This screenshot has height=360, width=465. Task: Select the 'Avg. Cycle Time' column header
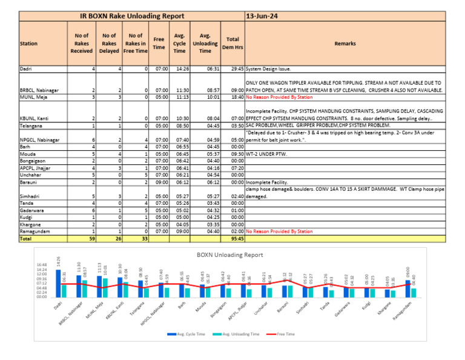[x=180, y=44]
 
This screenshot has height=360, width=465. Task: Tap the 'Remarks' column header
[x=345, y=44]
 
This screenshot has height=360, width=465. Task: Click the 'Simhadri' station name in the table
[x=30, y=197]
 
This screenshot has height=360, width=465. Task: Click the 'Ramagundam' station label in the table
[x=35, y=231]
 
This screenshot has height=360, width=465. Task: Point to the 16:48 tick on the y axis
[x=41, y=265]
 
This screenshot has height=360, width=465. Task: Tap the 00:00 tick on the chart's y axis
[x=41, y=297]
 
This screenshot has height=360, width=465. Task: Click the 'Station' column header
[x=28, y=44]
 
